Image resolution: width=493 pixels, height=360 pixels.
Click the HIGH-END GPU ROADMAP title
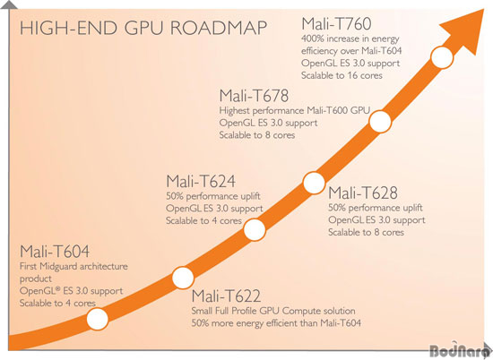143,28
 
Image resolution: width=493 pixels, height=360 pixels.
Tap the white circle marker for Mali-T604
98,319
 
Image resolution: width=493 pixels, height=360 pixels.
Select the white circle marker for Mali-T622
183,278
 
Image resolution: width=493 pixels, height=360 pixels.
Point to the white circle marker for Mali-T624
255,229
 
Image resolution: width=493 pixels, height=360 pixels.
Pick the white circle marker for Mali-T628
314,183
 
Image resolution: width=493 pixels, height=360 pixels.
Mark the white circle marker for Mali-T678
380,122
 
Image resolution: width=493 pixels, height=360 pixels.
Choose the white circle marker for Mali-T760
442,57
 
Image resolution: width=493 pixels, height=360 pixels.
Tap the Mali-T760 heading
336,24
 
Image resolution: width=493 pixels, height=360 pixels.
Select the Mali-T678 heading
254,96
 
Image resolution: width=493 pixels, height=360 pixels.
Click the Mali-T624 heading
201,181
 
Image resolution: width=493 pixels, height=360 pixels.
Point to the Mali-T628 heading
363,193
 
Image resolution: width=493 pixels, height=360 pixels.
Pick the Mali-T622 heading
226,296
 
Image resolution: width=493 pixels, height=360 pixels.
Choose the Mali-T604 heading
55,252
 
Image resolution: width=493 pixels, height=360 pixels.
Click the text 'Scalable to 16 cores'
342,75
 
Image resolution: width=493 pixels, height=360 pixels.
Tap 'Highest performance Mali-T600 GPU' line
295,110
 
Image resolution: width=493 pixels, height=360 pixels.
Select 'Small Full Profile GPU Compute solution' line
273,311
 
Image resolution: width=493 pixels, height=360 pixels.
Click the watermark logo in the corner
461,350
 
